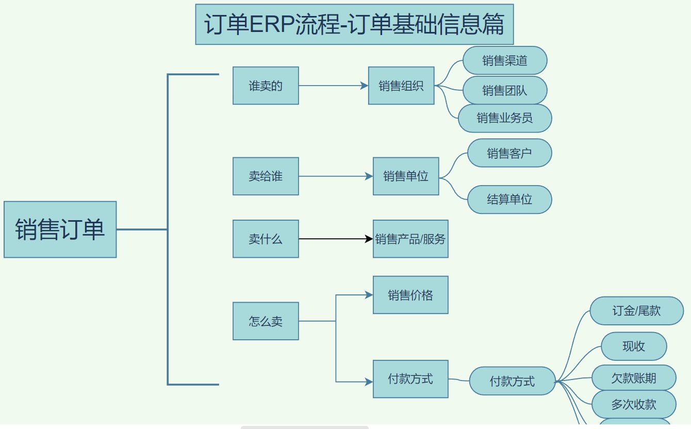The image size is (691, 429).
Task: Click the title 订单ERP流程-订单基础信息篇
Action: pos(354,24)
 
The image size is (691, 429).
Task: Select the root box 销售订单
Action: pos(60,229)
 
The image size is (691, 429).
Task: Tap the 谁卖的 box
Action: pos(266,86)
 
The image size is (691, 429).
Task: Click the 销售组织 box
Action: pos(401,86)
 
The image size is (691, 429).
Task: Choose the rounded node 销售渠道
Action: pos(505,60)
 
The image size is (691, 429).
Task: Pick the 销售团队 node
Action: pos(505,91)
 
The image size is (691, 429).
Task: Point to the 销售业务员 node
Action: pos(505,118)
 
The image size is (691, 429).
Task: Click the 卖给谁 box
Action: pos(266,176)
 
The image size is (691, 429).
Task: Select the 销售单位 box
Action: pos(406,176)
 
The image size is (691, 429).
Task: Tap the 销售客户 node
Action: pos(509,153)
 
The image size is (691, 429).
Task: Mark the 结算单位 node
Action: pos(509,200)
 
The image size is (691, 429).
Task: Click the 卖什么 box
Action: pos(266,239)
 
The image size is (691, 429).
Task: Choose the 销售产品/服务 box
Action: pos(410,239)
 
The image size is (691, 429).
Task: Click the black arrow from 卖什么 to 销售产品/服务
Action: pos(335,239)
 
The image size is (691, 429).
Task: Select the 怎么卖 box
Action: pos(266,321)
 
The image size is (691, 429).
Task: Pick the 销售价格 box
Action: pos(410,295)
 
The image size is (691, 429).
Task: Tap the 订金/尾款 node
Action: pos(636,311)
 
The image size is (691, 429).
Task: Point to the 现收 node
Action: pos(634,346)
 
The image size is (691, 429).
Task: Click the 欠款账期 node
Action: pos(634,378)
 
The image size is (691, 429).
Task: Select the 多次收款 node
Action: pos(634,404)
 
